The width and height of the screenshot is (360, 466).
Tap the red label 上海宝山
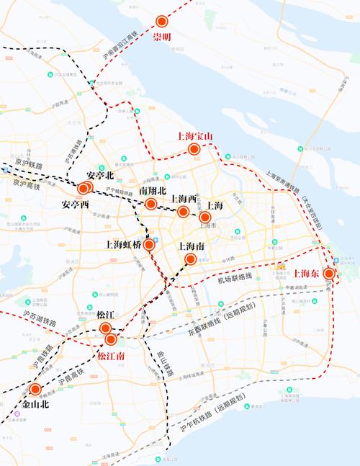[194, 136]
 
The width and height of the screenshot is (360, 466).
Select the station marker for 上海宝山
[194, 149]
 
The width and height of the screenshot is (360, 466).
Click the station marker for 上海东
[329, 274]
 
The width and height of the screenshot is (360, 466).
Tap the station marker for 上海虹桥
[149, 245]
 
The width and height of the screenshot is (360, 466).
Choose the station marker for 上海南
[191, 259]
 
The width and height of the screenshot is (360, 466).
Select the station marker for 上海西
[183, 212]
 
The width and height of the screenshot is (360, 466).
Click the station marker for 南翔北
[150, 205]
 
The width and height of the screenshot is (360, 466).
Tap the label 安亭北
[100, 175]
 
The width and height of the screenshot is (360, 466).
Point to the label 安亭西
[75, 205]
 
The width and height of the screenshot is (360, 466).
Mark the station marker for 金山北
[35, 390]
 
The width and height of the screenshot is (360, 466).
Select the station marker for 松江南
[111, 339]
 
